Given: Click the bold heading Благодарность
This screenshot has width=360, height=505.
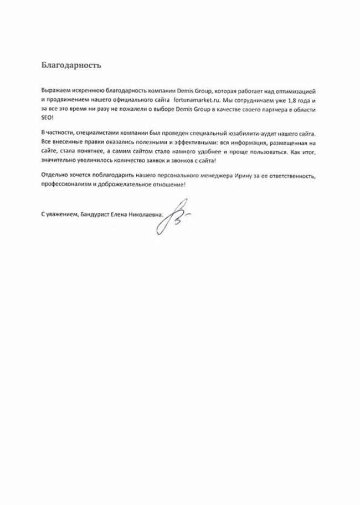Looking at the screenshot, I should click(x=71, y=64).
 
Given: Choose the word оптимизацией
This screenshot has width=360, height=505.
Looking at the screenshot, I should click(x=299, y=90).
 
